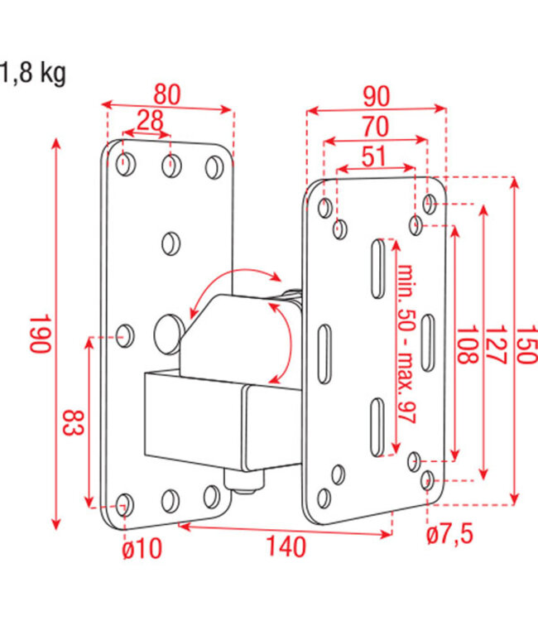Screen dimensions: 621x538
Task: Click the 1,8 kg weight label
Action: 33,74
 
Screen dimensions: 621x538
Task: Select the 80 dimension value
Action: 167,94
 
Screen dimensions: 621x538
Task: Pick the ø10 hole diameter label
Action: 142,547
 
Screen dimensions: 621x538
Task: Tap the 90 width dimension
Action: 376,96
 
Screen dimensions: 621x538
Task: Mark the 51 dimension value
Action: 374,156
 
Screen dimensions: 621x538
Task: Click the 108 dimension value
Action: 467,342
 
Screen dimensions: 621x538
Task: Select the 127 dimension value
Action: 495,342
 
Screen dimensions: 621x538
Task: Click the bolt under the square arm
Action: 245,481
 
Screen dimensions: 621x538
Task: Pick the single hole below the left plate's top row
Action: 171,243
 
